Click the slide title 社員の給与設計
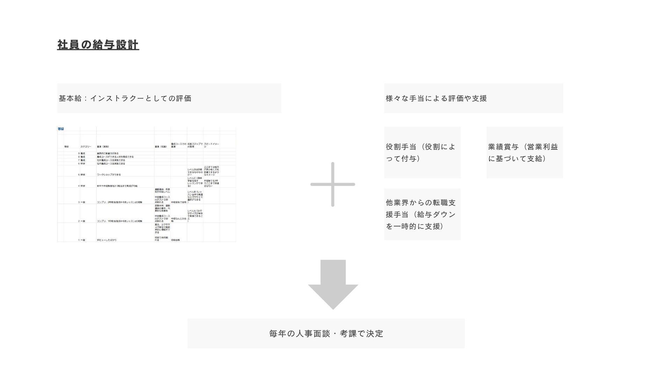(98, 45)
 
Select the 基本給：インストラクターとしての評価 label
(125, 98)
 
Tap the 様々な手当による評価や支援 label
(436, 98)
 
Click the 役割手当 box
(422, 153)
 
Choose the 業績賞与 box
(524, 153)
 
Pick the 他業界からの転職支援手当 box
(422, 214)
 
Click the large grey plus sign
(333, 184)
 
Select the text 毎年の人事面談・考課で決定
(326, 334)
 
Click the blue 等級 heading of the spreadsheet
(61, 129)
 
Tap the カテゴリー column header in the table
(86, 147)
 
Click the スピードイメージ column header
(211, 145)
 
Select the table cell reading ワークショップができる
(109, 175)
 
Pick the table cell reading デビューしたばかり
(107, 240)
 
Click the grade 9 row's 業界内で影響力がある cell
(108, 153)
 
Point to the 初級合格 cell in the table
(175, 240)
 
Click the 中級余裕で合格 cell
(178, 202)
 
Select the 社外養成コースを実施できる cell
(111, 160)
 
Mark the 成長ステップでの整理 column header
(195, 145)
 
